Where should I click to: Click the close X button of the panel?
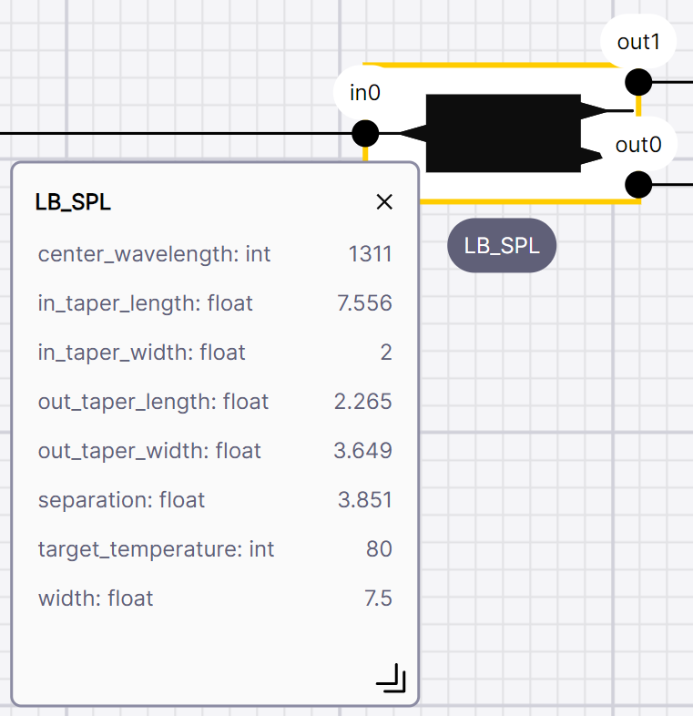(x=384, y=201)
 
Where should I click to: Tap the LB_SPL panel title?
(x=73, y=202)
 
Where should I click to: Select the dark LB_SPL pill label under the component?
(x=502, y=246)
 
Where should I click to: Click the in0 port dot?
(x=365, y=133)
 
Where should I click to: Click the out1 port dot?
(x=638, y=83)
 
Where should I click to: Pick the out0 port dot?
(x=638, y=185)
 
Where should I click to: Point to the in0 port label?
(x=365, y=93)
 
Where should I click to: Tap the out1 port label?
(x=638, y=42)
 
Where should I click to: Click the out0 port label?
(x=638, y=145)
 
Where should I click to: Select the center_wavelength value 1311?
(x=371, y=254)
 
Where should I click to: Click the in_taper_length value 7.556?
(x=364, y=303)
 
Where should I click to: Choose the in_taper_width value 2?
(x=386, y=353)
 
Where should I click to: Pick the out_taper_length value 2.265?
(x=363, y=402)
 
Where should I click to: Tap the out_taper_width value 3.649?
(x=363, y=451)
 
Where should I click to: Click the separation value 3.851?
(x=365, y=499)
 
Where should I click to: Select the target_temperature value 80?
(x=379, y=549)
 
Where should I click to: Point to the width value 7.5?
(x=378, y=598)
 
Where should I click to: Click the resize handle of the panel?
(x=392, y=678)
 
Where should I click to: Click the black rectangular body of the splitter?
(x=503, y=133)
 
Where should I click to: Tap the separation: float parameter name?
(x=121, y=499)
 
